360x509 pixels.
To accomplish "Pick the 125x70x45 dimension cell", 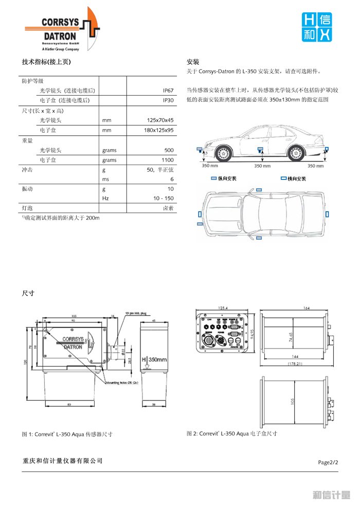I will (160, 120).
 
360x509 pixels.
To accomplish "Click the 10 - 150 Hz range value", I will (163, 198).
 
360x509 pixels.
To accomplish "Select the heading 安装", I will (193, 61).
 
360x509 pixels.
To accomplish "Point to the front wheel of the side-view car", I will (223, 153).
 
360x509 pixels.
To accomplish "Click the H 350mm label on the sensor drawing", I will (155, 360).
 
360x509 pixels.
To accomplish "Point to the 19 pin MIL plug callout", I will (136, 313).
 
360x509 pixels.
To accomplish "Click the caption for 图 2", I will (231, 434).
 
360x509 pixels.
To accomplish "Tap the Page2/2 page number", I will (328, 462).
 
